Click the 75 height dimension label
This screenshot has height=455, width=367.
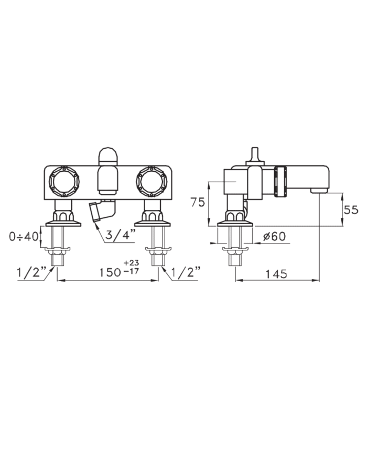198,202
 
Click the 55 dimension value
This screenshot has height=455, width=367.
351,209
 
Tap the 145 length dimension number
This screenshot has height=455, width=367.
276,274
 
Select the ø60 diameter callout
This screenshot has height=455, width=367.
274,237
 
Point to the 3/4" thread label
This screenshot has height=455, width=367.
120,234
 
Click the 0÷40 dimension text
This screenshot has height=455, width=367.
24,237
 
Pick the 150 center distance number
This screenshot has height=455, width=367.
110,272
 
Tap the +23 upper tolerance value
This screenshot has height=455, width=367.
132,263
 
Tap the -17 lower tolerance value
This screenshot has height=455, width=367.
132,271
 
